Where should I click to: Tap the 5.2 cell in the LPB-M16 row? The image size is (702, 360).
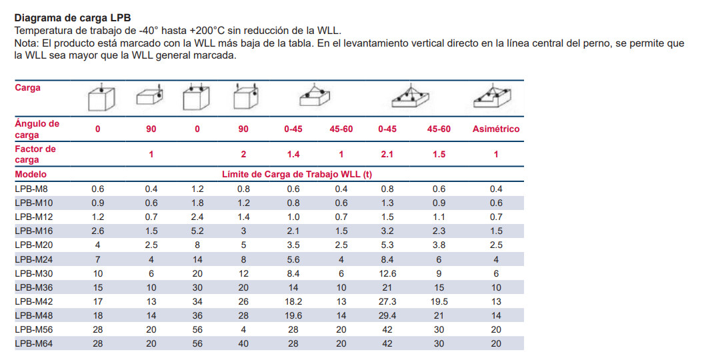coord(197,231)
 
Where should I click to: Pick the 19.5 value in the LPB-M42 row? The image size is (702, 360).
coord(439,301)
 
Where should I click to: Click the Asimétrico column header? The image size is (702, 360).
coord(496,129)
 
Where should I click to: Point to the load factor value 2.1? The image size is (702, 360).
coord(387,154)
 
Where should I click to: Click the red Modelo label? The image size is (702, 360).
coord(30,174)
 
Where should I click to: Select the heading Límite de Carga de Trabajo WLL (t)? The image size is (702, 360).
coord(297,175)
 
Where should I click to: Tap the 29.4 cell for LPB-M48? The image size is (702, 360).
coord(387,315)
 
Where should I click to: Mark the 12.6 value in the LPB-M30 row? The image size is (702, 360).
coord(387,273)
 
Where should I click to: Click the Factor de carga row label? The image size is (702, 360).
coord(35,154)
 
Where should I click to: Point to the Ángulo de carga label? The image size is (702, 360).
coord(37,129)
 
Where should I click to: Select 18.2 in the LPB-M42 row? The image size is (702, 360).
coord(293,301)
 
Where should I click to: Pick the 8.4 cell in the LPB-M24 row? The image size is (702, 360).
coord(387,259)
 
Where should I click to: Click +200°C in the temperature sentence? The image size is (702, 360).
coord(211,31)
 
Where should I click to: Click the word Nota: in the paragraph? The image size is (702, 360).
coord(27,43)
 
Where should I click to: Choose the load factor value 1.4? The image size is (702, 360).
coord(293,154)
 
